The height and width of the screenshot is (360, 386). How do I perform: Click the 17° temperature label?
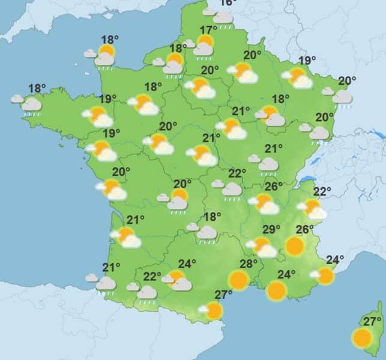[208, 31]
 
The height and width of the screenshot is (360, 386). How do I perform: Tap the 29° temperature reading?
[271, 229]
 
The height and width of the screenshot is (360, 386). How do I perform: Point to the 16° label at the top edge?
[228, 2]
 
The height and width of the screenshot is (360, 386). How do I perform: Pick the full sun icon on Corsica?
[362, 338]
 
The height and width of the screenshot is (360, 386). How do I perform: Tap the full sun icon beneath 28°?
[238, 279]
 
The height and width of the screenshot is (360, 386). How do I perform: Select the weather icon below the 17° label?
[204, 46]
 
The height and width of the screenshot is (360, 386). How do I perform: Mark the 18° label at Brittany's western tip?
[37, 89]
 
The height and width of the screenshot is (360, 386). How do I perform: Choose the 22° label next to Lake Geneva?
[322, 192]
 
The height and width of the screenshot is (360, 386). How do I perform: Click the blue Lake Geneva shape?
[309, 178]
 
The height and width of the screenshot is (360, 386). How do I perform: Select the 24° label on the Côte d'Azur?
[334, 260]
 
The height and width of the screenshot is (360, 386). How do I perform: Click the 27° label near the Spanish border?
[223, 295]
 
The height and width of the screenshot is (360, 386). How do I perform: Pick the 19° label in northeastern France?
[307, 60]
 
